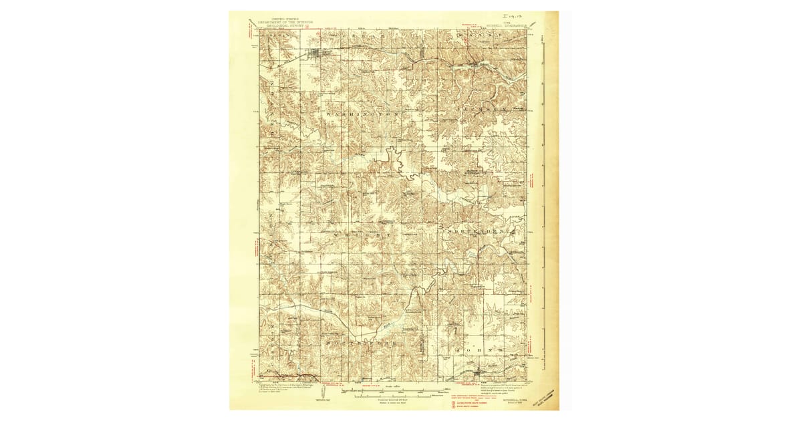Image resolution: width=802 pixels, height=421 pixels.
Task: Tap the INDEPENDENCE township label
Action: point(480,229)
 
